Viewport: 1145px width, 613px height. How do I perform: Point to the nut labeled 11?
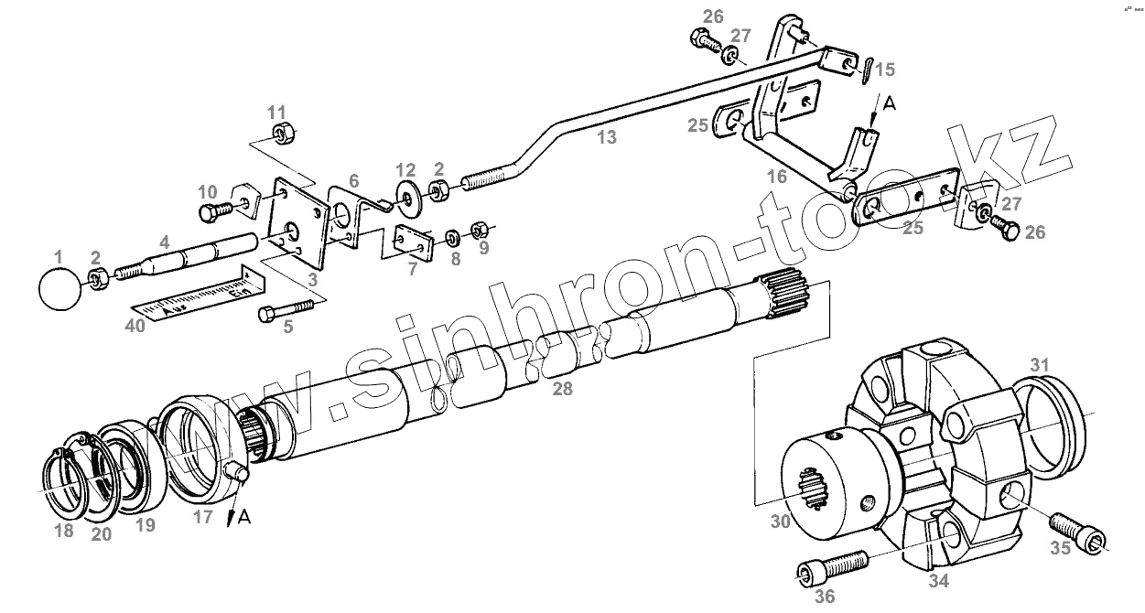pos(284,133)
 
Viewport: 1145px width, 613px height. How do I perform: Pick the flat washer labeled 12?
pos(405,191)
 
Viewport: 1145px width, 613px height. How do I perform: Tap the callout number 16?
pos(776,177)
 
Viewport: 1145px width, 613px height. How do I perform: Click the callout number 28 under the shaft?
pos(562,389)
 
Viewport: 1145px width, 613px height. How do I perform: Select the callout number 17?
pos(202,517)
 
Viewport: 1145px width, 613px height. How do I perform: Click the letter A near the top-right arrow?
pos(890,103)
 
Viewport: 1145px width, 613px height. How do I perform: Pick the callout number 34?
pos(938,580)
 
